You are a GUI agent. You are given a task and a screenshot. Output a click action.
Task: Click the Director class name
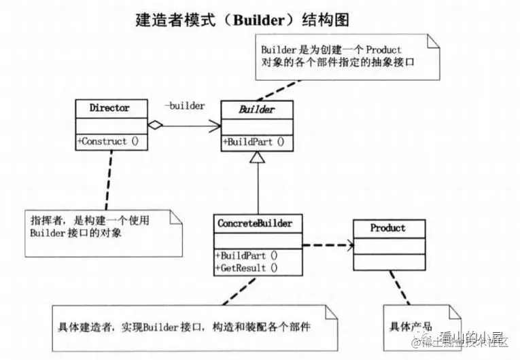[x=109, y=107]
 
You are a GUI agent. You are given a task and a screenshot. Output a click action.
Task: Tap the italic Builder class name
[x=257, y=108]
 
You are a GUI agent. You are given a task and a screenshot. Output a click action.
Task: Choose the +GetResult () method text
[x=247, y=268]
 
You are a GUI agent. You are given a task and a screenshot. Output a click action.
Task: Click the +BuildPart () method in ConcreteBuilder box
[x=247, y=255]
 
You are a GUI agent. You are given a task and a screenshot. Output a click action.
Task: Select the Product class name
[x=387, y=228]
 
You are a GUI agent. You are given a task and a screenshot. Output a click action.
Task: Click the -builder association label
[x=186, y=105]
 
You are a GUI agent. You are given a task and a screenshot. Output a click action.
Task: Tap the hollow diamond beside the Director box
[x=156, y=125]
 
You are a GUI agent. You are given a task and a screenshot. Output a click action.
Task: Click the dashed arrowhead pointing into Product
[x=349, y=245]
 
